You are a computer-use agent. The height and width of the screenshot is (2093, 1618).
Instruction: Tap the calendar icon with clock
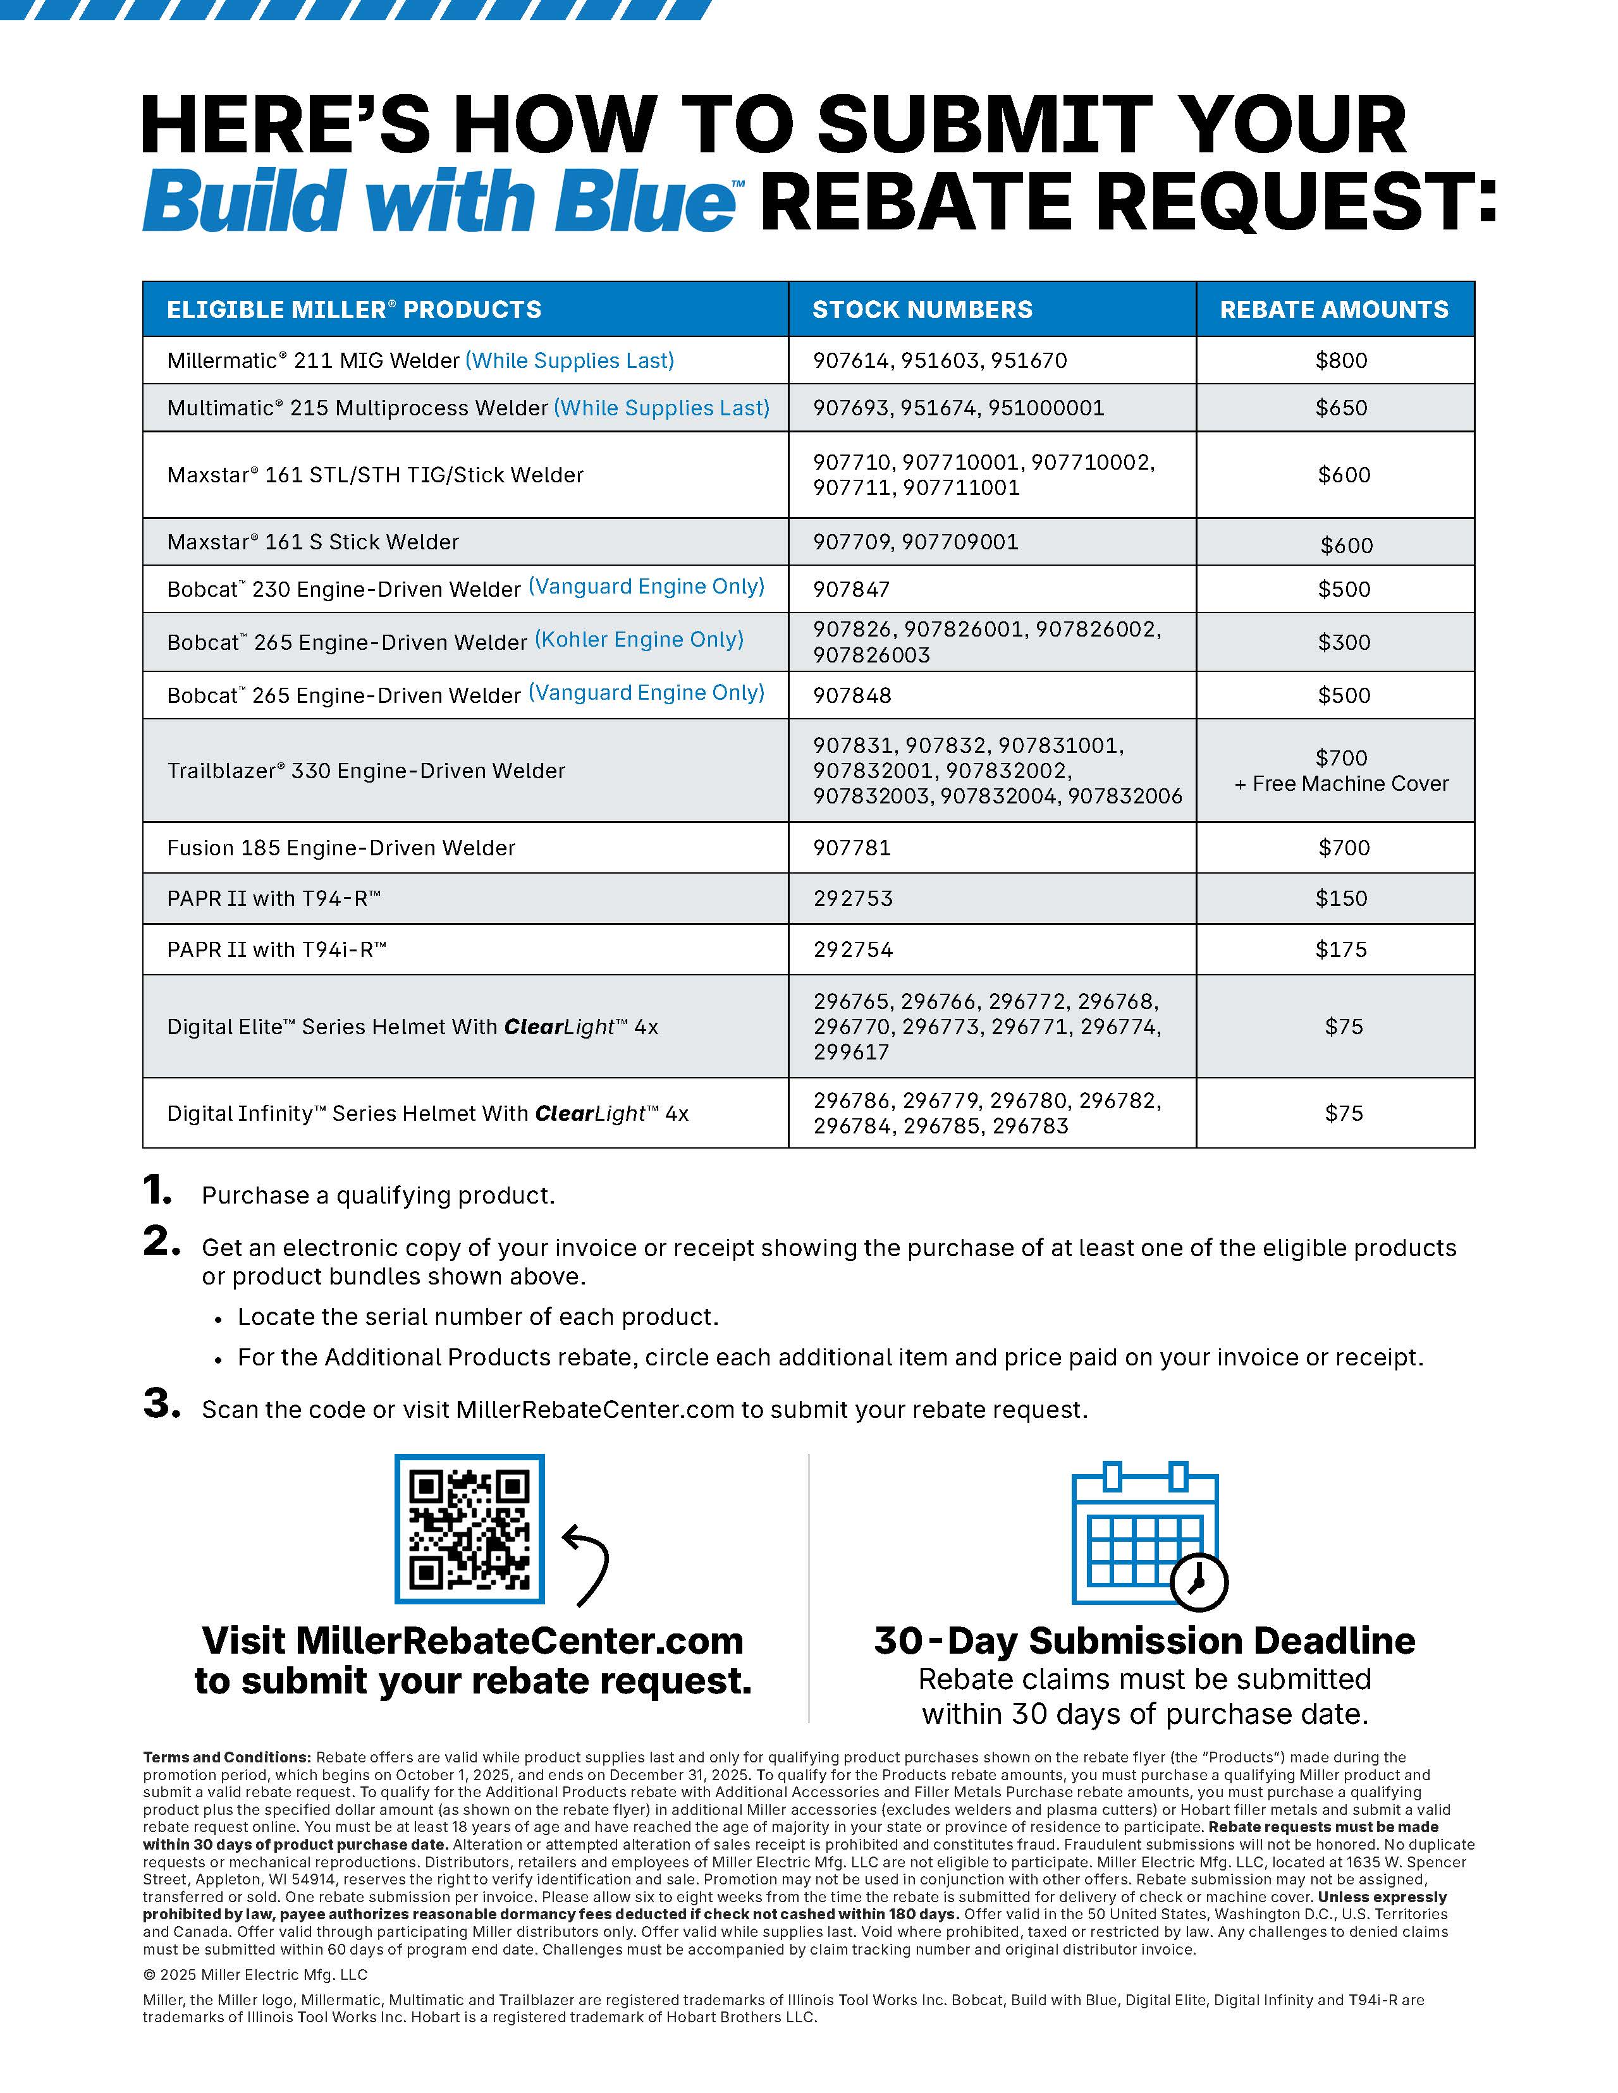pyautogui.click(x=1148, y=1536)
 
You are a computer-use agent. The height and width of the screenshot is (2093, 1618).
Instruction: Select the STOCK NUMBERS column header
pyautogui.click(x=922, y=310)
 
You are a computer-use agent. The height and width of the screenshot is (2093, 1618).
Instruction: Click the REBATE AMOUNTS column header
pyautogui.click(x=1333, y=310)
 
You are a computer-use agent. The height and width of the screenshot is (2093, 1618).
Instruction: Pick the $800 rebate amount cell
pyautogui.click(x=1341, y=360)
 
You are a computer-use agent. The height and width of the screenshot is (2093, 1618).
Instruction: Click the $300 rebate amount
pyautogui.click(x=1344, y=642)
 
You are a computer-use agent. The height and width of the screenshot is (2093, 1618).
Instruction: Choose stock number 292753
pyautogui.click(x=853, y=898)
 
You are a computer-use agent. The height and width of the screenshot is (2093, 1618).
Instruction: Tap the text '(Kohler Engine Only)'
pyautogui.click(x=639, y=639)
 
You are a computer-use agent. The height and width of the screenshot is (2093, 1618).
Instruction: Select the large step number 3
pyautogui.click(x=161, y=1404)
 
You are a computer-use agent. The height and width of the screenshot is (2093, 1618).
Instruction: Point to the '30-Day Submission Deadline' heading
pyautogui.click(x=1144, y=1640)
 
